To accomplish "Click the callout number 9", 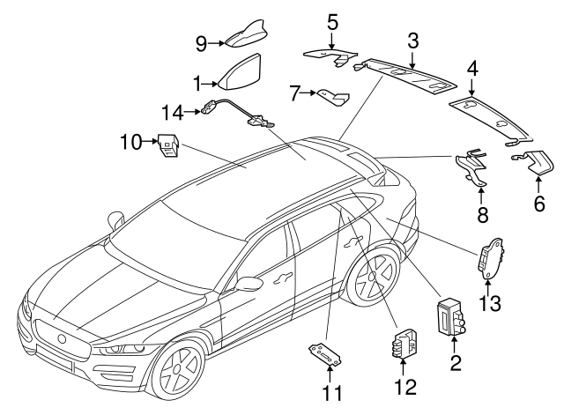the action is click(x=202, y=44).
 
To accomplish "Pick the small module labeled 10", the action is click(x=168, y=145).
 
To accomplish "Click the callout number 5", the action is click(x=332, y=22).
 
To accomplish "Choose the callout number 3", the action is click(x=413, y=41).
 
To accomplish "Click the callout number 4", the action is click(x=472, y=69).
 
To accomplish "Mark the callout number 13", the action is click(x=490, y=303).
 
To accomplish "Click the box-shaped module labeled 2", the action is click(x=449, y=317).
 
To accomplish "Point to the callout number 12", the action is click(x=405, y=387).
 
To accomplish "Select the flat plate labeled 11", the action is click(x=325, y=354).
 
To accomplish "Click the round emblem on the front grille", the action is click(x=62, y=338).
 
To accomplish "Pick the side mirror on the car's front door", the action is click(x=249, y=284).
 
